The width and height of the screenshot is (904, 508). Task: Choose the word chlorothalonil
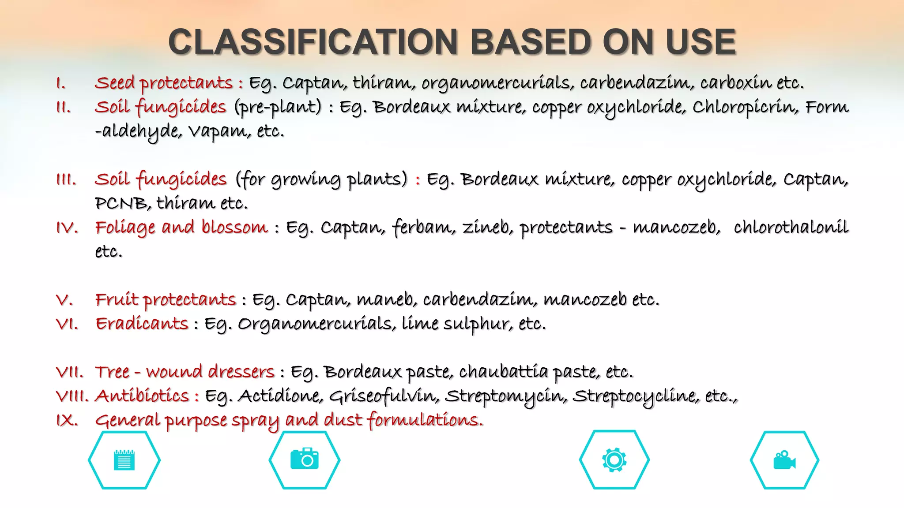click(x=791, y=228)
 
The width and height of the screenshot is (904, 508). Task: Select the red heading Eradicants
click(x=142, y=324)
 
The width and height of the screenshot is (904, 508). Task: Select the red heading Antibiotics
click(x=142, y=396)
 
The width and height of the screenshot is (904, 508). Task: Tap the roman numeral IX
click(x=67, y=420)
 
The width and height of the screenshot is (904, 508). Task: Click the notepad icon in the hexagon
click(x=124, y=460)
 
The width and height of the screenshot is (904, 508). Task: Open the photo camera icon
click(x=305, y=459)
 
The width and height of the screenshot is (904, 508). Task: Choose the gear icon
click(x=614, y=460)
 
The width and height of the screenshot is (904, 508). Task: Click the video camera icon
click(x=784, y=460)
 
